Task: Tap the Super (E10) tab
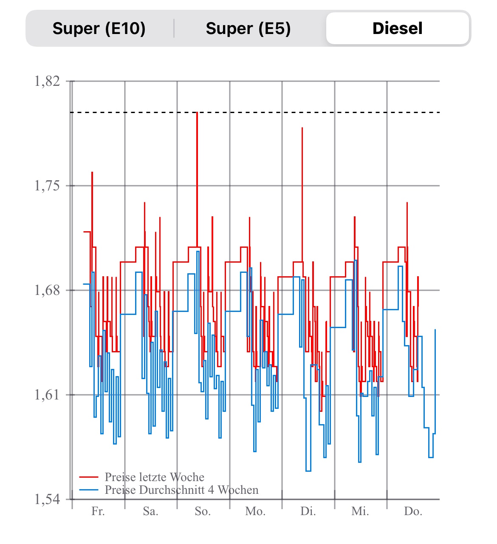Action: pyautogui.click(x=99, y=28)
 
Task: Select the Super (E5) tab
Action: pyautogui.click(x=248, y=28)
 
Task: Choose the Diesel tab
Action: pyautogui.click(x=397, y=28)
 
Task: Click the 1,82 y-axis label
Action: pyautogui.click(x=47, y=81)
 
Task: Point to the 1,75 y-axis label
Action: pyautogui.click(x=47, y=186)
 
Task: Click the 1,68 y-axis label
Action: pyautogui.click(x=47, y=290)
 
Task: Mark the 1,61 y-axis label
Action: pyautogui.click(x=47, y=395)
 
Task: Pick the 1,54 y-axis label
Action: pyautogui.click(x=47, y=499)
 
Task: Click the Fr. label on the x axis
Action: pyautogui.click(x=98, y=511)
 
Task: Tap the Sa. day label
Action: pyautogui.click(x=150, y=511)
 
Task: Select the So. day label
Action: pyautogui.click(x=203, y=511)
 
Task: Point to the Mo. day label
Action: pyautogui.click(x=255, y=511)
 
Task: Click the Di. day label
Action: pyautogui.click(x=308, y=511)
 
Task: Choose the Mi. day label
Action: pyautogui.click(x=360, y=511)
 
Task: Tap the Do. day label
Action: pyautogui.click(x=413, y=511)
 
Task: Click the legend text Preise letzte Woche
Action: pyautogui.click(x=155, y=477)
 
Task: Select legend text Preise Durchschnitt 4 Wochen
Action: pyautogui.click(x=181, y=490)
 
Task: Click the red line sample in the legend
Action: pyautogui.click(x=89, y=477)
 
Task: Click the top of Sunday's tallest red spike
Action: pyautogui.click(x=197, y=113)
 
